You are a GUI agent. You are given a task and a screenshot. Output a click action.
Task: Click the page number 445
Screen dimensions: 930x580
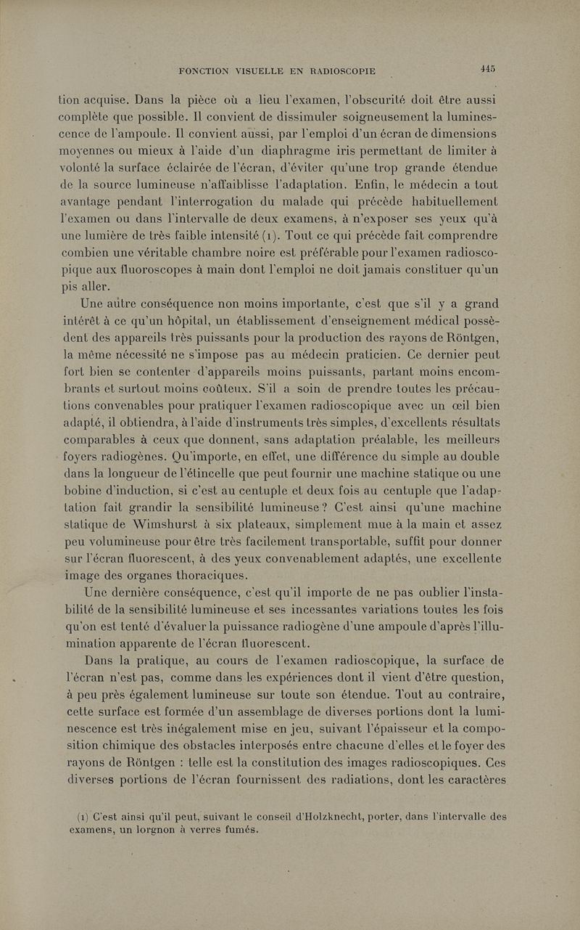point(486,69)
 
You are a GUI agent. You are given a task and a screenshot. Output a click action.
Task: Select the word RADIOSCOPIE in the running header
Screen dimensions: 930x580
point(335,71)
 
